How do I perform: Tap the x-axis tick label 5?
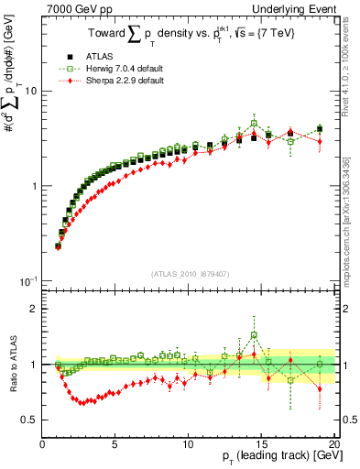click(x=115, y=443)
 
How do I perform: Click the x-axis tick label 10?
click(x=188, y=443)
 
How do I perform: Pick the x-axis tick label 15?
click(x=261, y=443)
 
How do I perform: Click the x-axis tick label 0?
click(x=43, y=443)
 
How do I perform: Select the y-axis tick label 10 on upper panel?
click(x=29, y=91)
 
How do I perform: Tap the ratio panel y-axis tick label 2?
click(x=33, y=309)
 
